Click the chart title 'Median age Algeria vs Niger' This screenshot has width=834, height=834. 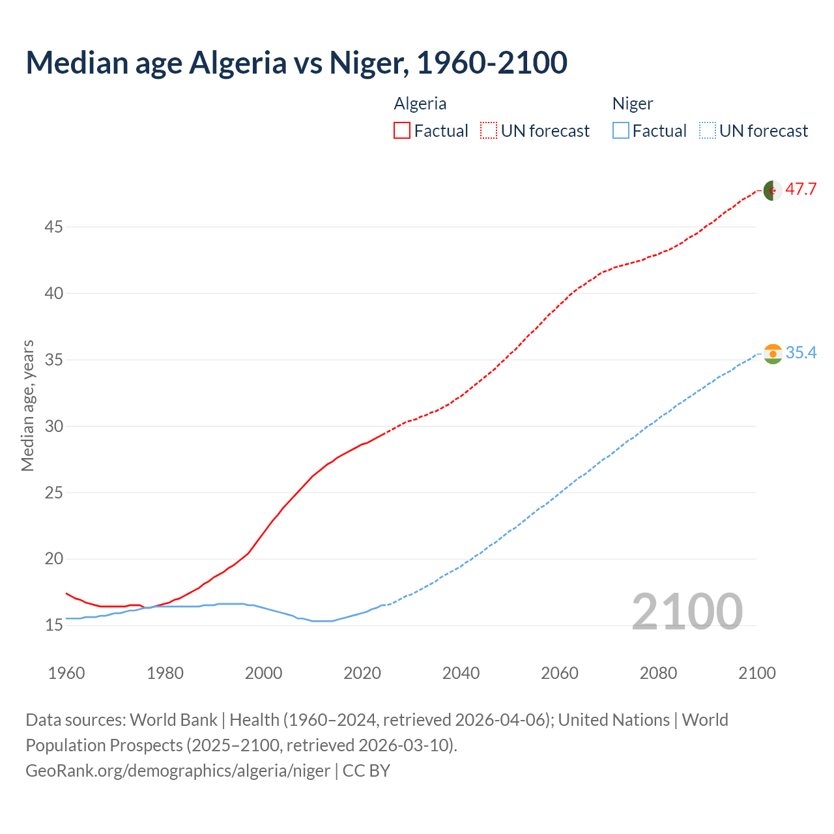pyautogui.click(x=296, y=63)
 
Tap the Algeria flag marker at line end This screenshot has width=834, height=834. pyautogui.click(x=772, y=190)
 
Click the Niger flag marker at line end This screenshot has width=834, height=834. pyautogui.click(x=772, y=354)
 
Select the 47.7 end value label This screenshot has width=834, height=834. pyautogui.click(x=801, y=190)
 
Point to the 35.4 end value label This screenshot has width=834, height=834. pyautogui.click(x=801, y=353)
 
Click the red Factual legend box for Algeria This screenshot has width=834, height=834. pyautogui.click(x=402, y=131)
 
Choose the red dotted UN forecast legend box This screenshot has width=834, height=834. pyautogui.click(x=489, y=131)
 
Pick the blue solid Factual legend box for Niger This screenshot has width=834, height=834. pyautogui.click(x=620, y=131)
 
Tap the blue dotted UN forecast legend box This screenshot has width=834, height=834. pyautogui.click(x=707, y=131)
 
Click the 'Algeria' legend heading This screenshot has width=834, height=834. pyautogui.click(x=420, y=104)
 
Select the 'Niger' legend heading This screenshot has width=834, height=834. pyautogui.click(x=633, y=104)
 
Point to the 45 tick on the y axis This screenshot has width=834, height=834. pyautogui.click(x=54, y=227)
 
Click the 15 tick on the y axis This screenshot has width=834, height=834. pyautogui.click(x=54, y=625)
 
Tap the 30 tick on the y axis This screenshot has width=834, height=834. pyautogui.click(x=54, y=426)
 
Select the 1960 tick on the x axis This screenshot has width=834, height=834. pyautogui.click(x=66, y=673)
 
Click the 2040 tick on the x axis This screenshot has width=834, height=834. pyautogui.click(x=461, y=673)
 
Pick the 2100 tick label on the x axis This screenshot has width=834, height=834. pyautogui.click(x=757, y=673)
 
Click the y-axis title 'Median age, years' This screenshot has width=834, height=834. pyautogui.click(x=27, y=405)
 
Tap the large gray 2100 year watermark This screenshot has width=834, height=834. pyautogui.click(x=687, y=611)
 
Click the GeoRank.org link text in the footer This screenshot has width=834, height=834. pyautogui.click(x=178, y=771)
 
